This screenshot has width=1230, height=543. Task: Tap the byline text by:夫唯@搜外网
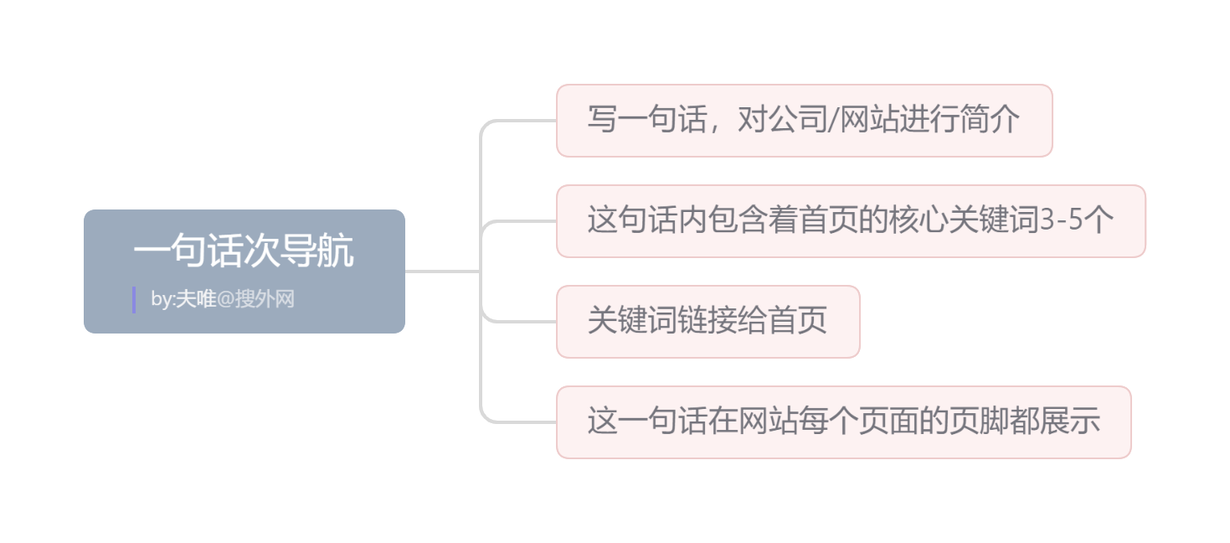click(x=223, y=299)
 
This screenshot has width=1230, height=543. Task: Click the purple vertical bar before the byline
click(x=134, y=299)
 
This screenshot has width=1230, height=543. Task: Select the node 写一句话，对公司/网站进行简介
click(x=804, y=120)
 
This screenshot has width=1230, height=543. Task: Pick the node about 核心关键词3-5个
click(x=850, y=221)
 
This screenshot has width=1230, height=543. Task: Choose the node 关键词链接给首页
click(x=708, y=321)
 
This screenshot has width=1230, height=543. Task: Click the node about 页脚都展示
click(x=843, y=421)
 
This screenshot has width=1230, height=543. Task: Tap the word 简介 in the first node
click(x=990, y=121)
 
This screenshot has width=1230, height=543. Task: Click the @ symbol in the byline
click(x=225, y=299)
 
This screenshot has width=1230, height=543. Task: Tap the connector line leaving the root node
click(x=442, y=271)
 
